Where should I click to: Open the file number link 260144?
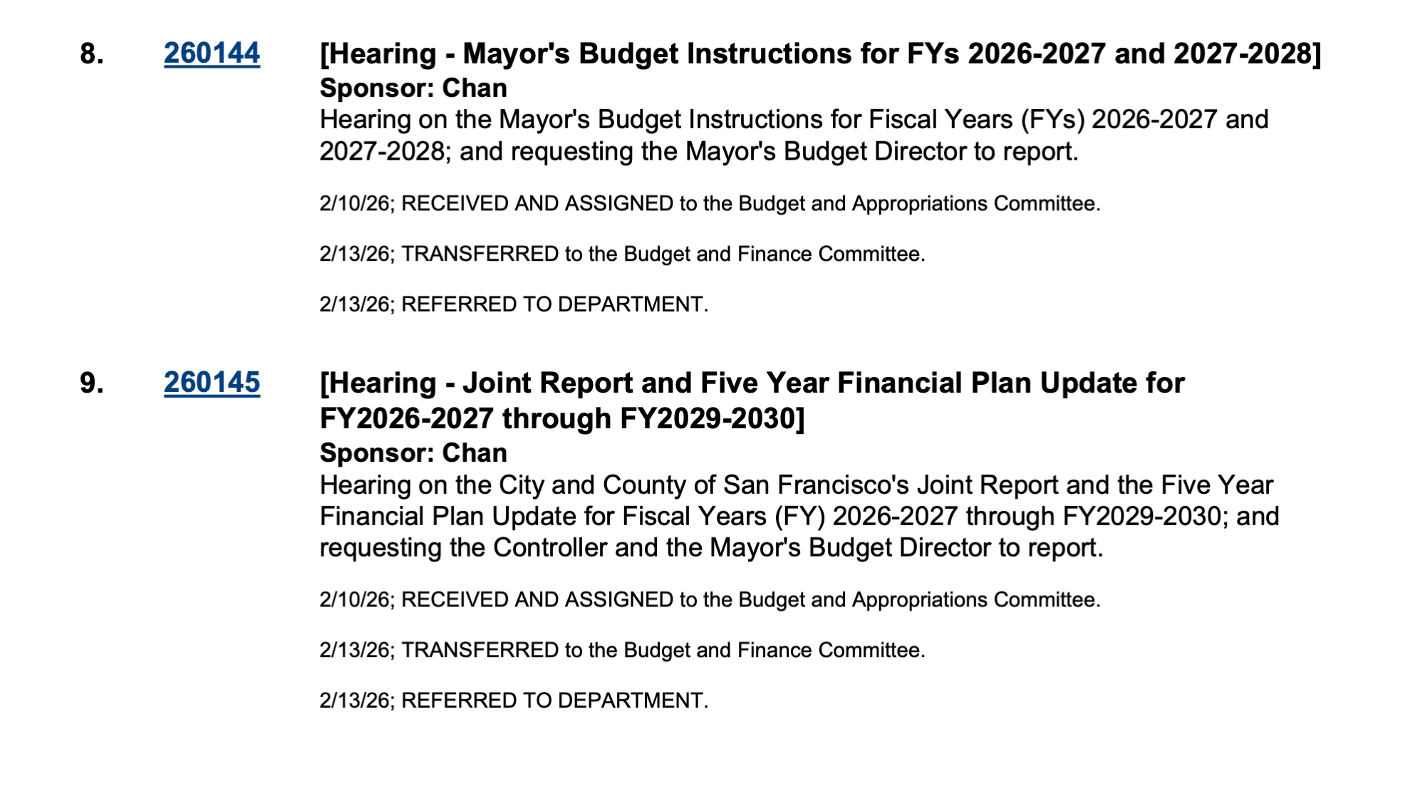212,54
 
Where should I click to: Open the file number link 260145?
212,383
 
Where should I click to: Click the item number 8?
91,54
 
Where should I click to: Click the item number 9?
91,383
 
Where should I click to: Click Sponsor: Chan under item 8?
413,88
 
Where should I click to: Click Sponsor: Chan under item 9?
413,453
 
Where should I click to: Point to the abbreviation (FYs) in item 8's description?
1052,120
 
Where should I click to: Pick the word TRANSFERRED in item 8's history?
480,254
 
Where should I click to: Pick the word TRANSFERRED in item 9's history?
480,651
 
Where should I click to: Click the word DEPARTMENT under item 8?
631,305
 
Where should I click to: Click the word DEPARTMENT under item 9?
631,701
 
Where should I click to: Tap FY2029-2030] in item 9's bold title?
712,419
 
